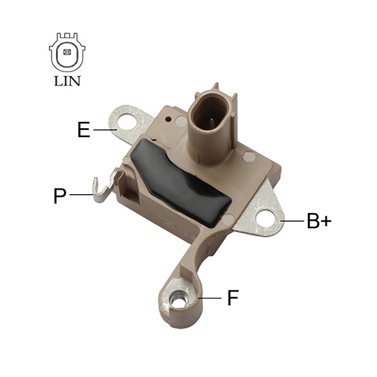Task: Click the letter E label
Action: point(84,129)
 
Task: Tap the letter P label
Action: point(60,196)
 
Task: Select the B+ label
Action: point(319,221)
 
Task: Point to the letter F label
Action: point(233,298)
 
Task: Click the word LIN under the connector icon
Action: point(67,81)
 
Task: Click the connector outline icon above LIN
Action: point(67,52)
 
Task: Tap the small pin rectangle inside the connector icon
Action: point(67,52)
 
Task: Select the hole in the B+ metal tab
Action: point(265,217)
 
